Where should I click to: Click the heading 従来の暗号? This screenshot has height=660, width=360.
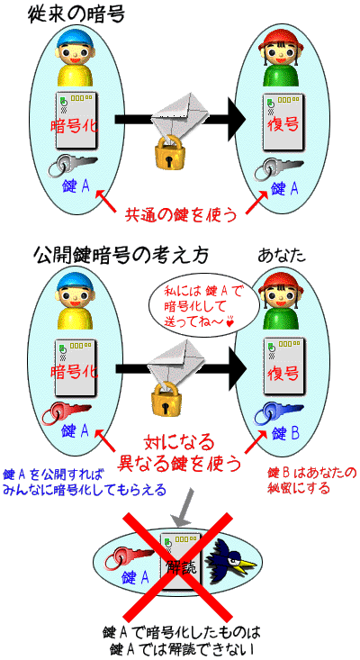pos(76,16)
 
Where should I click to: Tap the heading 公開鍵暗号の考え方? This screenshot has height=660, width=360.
pos(121,256)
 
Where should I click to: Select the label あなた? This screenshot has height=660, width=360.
pos(281,256)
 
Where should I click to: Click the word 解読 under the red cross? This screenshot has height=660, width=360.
pos(181,567)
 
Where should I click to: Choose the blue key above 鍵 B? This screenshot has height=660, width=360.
pos(278,413)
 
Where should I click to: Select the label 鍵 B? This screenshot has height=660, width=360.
pos(285,433)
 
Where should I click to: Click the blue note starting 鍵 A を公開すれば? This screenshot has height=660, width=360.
pos(84,482)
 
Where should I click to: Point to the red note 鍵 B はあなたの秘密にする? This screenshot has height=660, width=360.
pos(311,480)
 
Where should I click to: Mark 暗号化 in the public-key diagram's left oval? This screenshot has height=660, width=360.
pos(75,371)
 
